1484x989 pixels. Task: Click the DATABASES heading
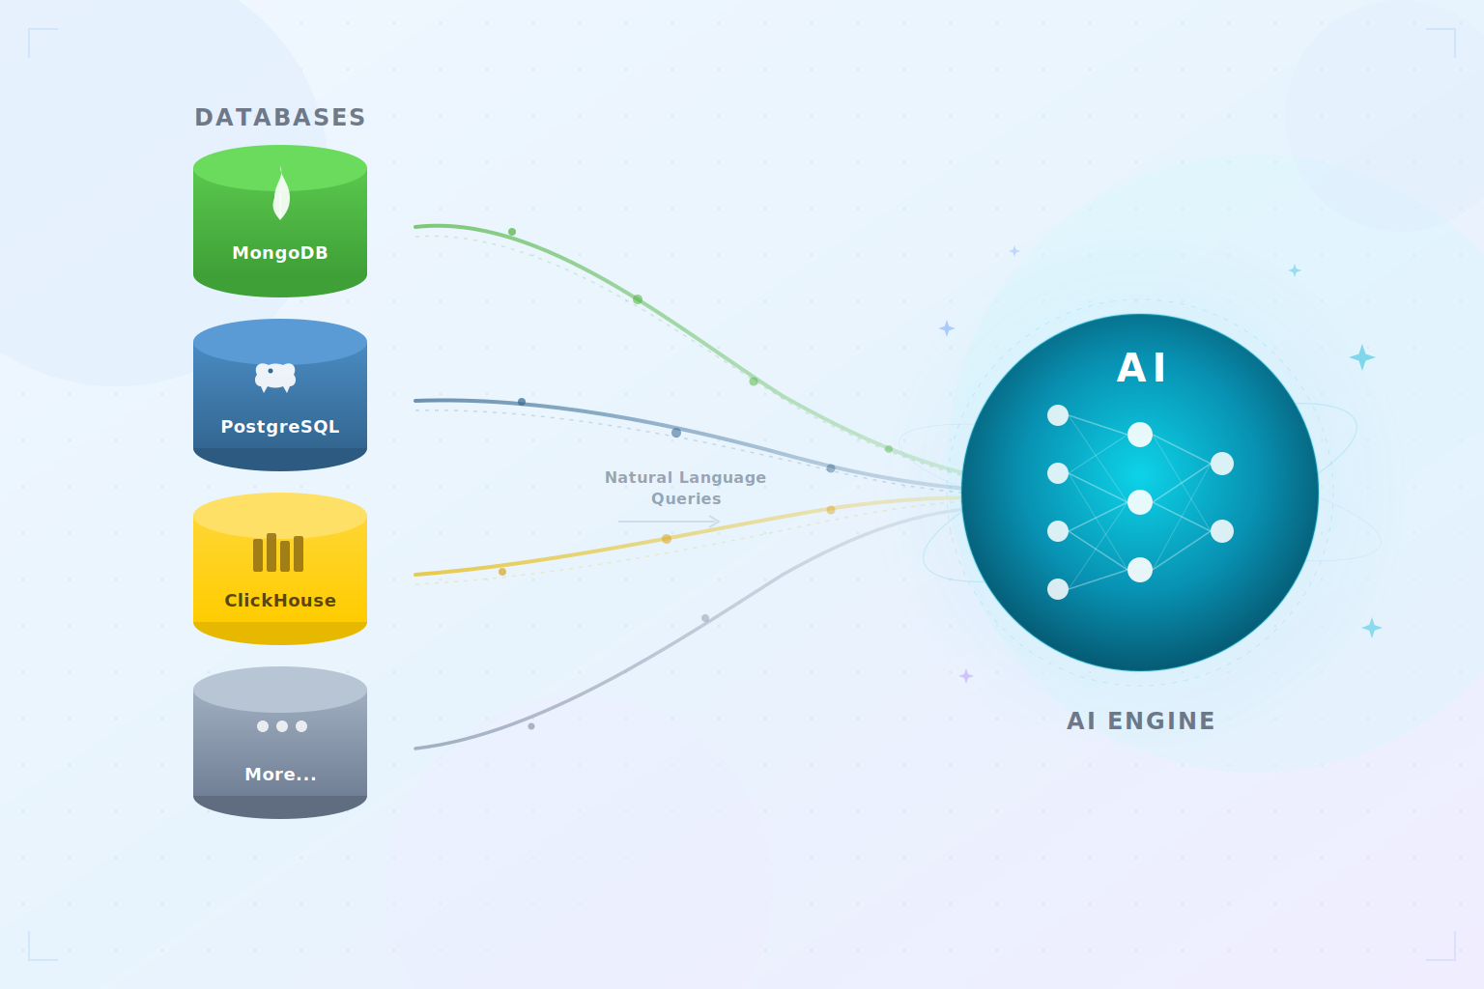point(280,118)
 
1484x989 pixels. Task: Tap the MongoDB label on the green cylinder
point(280,253)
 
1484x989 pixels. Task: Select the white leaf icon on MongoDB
point(281,195)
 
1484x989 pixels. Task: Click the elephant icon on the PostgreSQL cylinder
point(275,377)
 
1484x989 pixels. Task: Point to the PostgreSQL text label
point(280,427)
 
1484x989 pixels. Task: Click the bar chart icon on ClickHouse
point(278,553)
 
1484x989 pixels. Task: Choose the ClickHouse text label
point(280,601)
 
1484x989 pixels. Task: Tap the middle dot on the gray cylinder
point(282,726)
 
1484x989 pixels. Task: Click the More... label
point(280,775)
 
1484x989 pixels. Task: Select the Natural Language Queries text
point(685,488)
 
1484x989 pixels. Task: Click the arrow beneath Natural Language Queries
point(670,522)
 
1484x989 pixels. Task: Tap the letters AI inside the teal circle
point(1141,368)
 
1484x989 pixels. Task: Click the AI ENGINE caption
point(1141,721)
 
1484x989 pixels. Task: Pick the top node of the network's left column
point(1058,415)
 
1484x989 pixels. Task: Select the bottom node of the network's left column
point(1058,589)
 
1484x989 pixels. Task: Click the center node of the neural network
point(1140,502)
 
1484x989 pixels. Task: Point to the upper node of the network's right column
point(1222,464)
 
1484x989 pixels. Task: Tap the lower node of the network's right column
point(1222,531)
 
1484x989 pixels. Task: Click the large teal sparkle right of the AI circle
point(1362,357)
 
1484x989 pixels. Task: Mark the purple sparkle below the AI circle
point(966,676)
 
